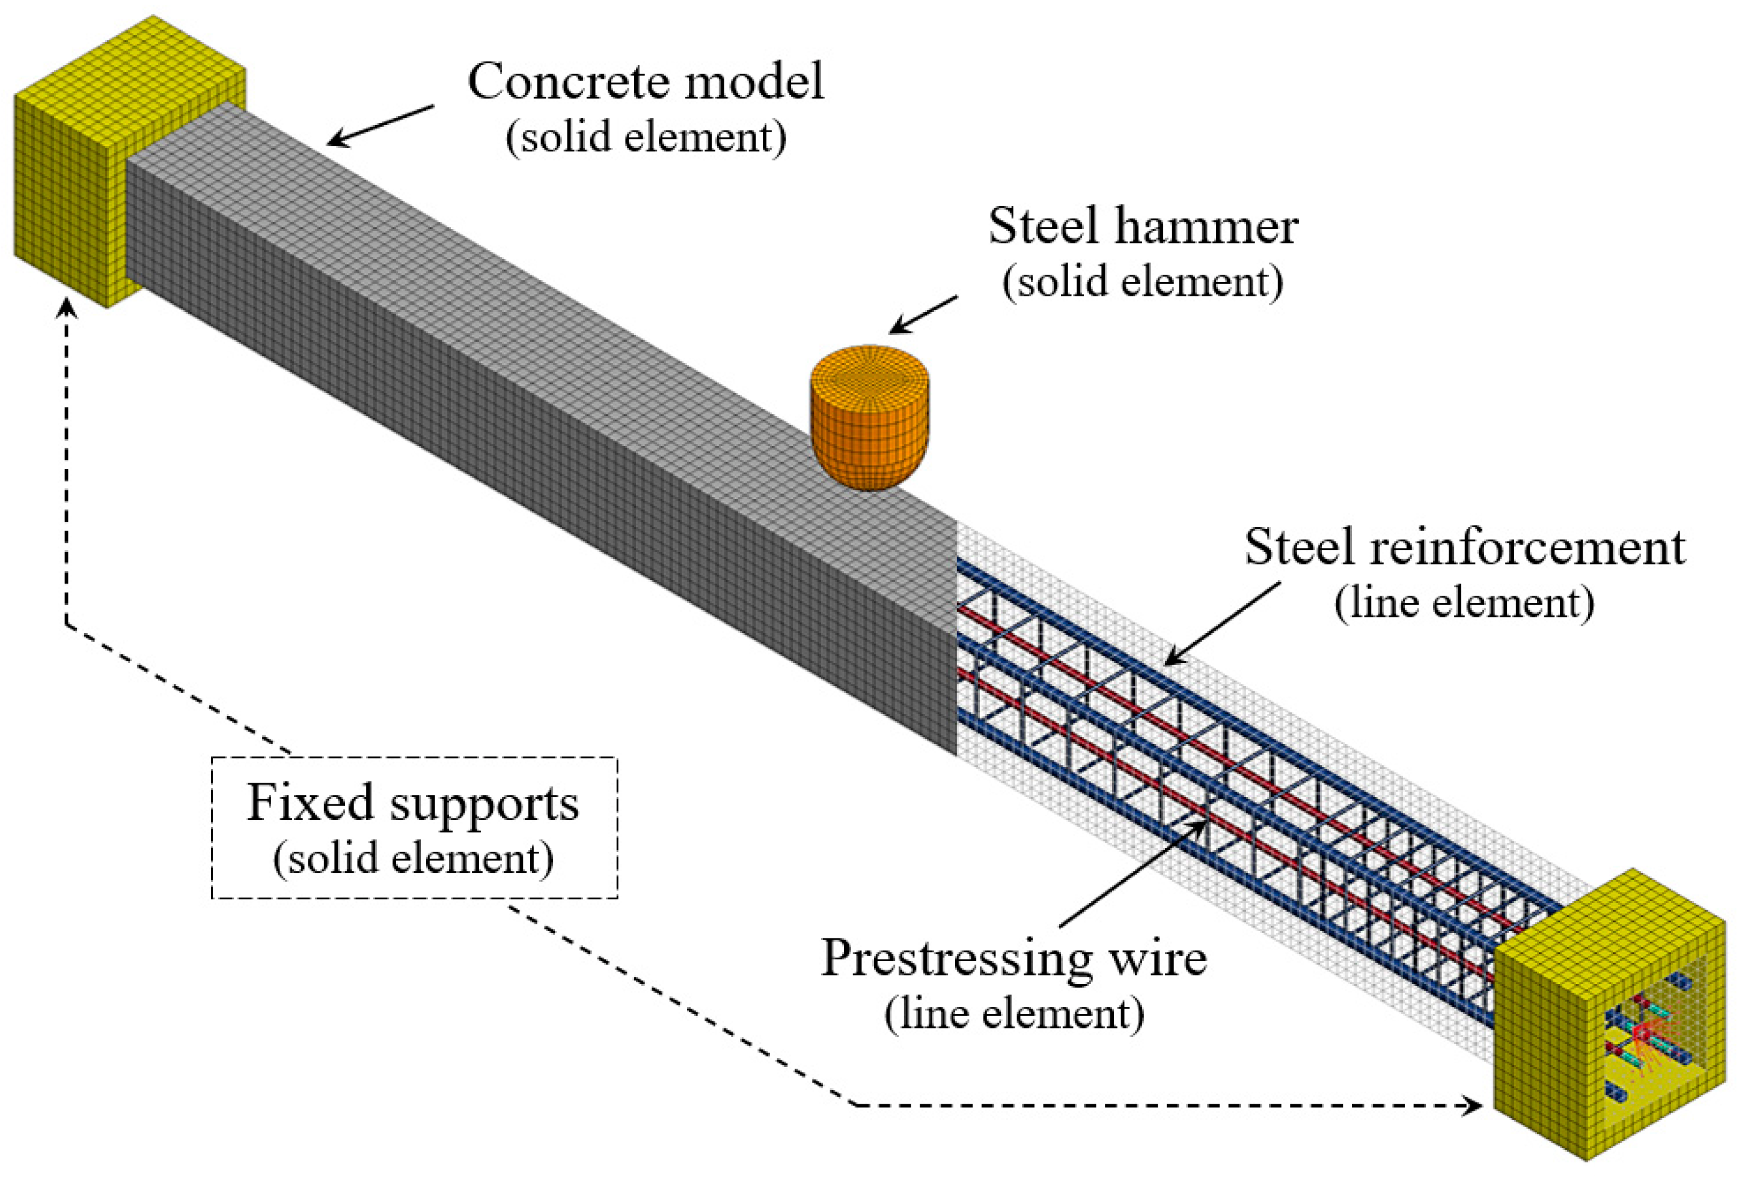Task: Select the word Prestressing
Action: click(x=956, y=959)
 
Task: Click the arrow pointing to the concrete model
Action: click(x=380, y=125)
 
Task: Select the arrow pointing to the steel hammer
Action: click(x=923, y=315)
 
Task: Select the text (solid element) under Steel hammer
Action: click(x=1143, y=282)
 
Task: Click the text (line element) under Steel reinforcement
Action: click(x=1464, y=602)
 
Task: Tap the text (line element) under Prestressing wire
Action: click(x=1014, y=1013)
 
